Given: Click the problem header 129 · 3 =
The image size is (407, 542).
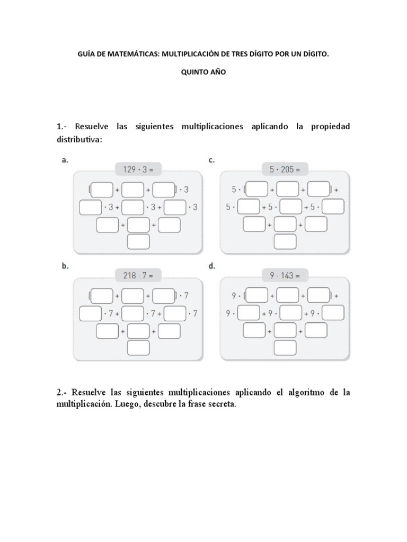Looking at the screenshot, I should click(138, 169).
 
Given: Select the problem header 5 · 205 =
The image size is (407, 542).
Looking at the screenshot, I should click(285, 169).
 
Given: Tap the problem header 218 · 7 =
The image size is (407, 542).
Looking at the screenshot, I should click(138, 275).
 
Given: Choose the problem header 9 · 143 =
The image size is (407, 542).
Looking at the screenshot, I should click(285, 275).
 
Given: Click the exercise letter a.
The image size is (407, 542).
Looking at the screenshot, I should click(65, 160).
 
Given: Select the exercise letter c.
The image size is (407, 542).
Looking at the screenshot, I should click(211, 160).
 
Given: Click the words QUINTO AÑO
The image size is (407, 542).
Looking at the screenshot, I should click(203, 73).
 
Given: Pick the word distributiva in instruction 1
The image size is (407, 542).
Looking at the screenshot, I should click(78, 140).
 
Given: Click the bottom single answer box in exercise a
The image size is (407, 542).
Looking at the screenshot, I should click(138, 242).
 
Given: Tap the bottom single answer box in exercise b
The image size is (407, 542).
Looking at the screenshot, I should click(138, 347).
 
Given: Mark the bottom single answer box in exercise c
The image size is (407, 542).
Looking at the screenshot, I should click(285, 242).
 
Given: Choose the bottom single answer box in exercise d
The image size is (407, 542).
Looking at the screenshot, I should click(285, 347).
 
